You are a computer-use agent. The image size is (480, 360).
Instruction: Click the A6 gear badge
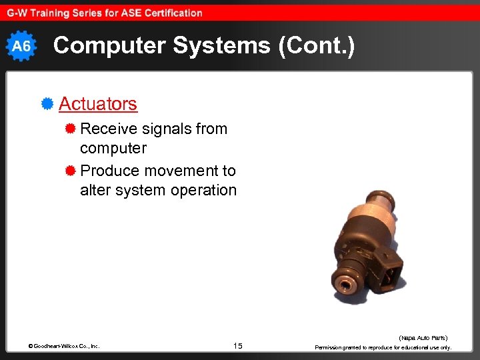pos(22,46)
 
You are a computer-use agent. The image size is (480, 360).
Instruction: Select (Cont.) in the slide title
pos(313,46)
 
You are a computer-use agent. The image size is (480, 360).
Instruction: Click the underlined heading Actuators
pos(98,104)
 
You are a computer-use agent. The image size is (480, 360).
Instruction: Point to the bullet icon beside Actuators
pos(47,104)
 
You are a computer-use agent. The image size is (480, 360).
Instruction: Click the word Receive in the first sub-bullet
pos(106,129)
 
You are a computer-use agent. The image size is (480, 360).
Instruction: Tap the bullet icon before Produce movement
pos(70,171)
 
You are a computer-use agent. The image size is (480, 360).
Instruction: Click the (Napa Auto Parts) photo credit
pos(423,338)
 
